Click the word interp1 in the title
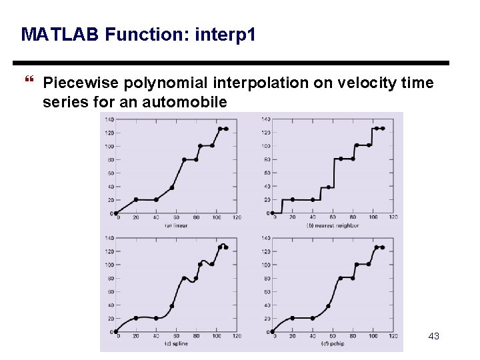225,34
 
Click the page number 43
433,336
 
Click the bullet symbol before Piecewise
28,83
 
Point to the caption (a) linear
176,225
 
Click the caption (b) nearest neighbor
333,225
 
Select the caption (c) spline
176,343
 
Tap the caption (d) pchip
333,343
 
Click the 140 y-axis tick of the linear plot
109,119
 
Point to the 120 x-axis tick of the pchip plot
393,336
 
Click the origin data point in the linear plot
116,213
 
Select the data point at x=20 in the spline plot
136,318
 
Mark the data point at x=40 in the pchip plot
312,318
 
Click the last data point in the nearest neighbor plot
382,128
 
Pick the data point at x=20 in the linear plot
136,199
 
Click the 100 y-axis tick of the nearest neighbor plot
266,146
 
